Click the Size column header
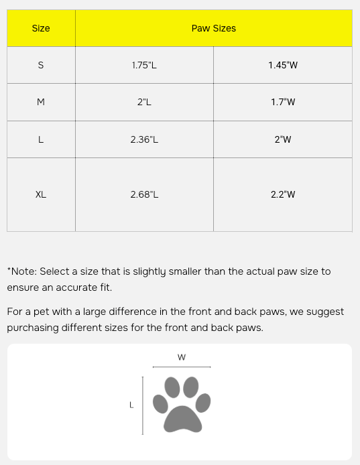(41, 29)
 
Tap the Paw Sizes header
(213, 29)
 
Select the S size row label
(41, 66)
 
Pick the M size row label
(41, 103)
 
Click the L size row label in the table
(41, 140)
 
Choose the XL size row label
(41, 195)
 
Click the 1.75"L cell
(144, 66)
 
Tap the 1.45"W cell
(282, 66)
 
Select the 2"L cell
(144, 103)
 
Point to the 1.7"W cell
(282, 103)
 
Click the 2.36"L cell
(144, 140)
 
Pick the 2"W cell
(282, 140)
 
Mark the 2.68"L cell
(144, 195)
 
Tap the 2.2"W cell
(282, 195)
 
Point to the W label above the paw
(182, 357)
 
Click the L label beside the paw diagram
(131, 405)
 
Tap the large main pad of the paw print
(183, 418)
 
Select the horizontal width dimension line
(182, 367)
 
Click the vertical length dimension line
(143, 405)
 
